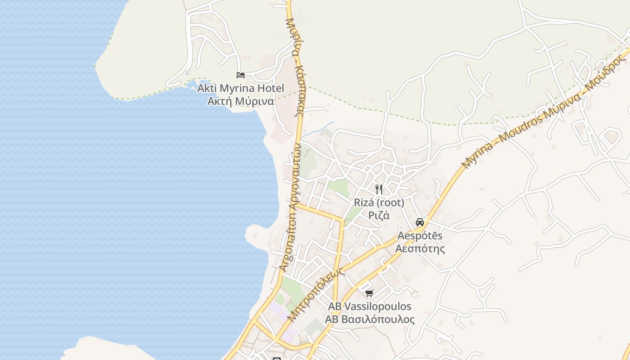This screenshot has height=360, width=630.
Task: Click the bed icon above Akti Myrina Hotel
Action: click(x=241, y=75)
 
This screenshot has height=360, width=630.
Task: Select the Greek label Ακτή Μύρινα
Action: click(x=241, y=101)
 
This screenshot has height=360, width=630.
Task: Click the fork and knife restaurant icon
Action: click(x=379, y=189)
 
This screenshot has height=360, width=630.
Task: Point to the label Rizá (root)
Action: click(x=379, y=202)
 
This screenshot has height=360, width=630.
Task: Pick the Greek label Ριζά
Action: click(x=379, y=215)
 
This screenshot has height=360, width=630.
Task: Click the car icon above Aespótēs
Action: click(x=420, y=222)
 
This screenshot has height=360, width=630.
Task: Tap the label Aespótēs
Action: click(x=420, y=236)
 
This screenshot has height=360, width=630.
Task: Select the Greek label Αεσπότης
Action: click(x=420, y=248)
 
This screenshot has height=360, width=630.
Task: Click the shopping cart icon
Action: click(x=369, y=293)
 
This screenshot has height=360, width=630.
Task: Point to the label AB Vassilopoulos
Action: click(x=369, y=306)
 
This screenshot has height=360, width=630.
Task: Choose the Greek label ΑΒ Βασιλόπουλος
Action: click(x=369, y=319)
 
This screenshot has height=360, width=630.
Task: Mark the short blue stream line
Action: click(x=318, y=129)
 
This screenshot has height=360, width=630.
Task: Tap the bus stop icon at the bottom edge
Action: click(x=277, y=358)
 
